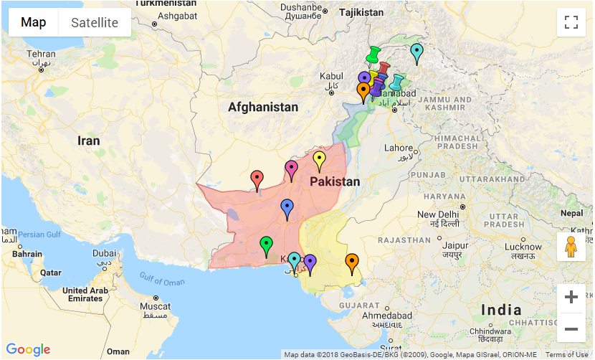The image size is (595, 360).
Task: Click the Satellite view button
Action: coord(95,22)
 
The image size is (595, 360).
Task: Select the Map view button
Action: coord(33,22)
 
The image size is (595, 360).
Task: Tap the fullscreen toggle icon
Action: coord(571,22)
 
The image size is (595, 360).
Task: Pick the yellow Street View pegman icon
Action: coord(571,247)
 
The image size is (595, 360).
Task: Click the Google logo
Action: coord(29,349)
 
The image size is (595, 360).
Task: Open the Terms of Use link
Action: coord(566,355)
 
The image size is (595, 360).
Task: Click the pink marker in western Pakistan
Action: coord(291,169)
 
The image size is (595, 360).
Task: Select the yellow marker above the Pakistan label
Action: coord(320,161)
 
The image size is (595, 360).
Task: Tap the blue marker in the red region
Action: coord(287,208)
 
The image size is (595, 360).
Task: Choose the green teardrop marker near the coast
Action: coord(266,245)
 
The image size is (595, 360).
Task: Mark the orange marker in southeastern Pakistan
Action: coord(352,262)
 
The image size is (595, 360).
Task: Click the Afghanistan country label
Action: coord(262,108)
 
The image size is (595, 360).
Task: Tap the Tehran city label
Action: coord(41,55)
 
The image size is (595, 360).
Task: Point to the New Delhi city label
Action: coord(437,215)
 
